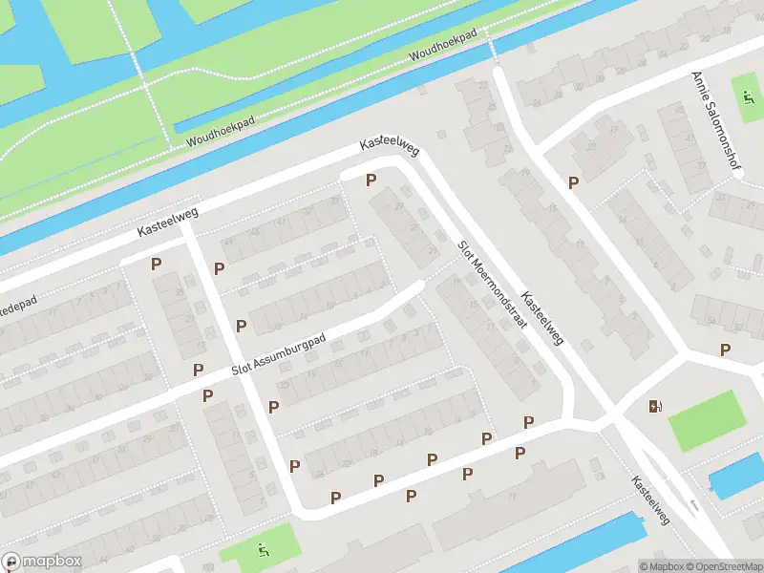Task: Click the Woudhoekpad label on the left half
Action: click(x=217, y=133)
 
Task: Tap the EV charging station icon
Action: click(x=654, y=406)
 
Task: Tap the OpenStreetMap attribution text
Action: click(x=723, y=566)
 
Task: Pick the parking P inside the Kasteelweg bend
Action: click(x=371, y=180)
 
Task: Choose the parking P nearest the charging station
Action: click(x=725, y=350)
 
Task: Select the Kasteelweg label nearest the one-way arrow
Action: click(x=650, y=501)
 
